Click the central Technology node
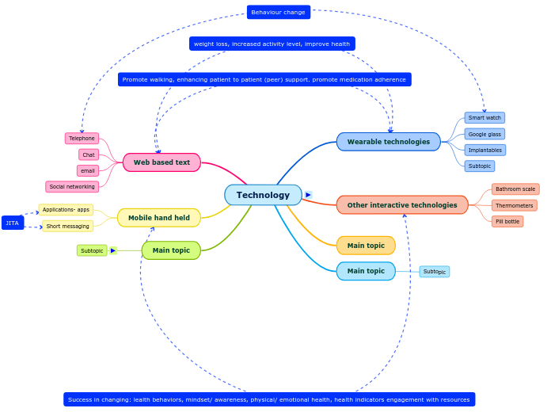[263, 195]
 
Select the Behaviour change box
[278, 12]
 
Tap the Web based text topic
[161, 162]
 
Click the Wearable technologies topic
[388, 142]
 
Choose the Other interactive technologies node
[402, 205]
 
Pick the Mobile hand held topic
[158, 218]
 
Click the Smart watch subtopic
[484, 118]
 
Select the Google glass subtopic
[484, 134]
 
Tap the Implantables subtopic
[484, 150]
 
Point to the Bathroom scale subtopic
[515, 189]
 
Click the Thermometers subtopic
[514, 205]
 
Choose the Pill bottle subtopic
[507, 221]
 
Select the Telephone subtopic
[82, 139]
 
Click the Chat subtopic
[89, 154]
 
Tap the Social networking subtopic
[72, 187]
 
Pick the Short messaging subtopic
[67, 226]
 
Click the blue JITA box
[13, 223]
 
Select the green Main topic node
[171, 250]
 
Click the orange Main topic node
[366, 246]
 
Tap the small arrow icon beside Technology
[308, 195]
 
